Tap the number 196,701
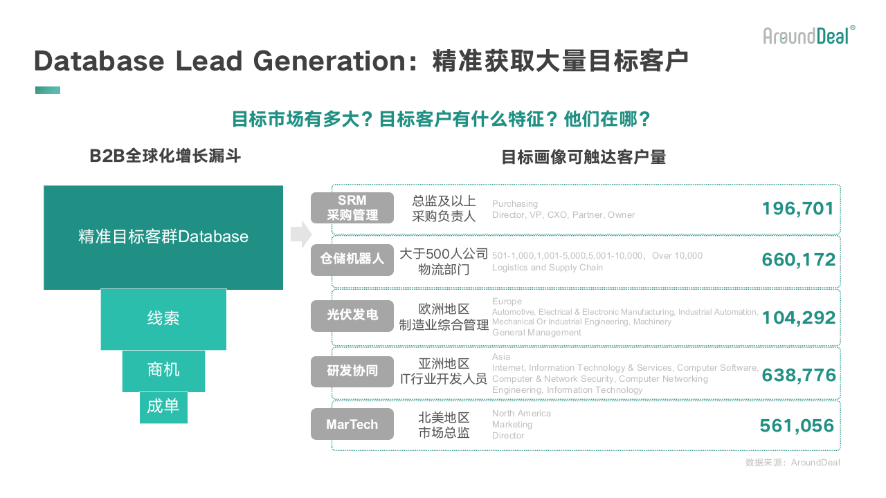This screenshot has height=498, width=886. (x=798, y=209)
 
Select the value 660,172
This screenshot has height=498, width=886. (x=799, y=259)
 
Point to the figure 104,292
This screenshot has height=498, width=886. (x=799, y=317)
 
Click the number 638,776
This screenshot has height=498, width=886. (x=799, y=375)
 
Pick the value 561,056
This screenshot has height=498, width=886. (x=797, y=425)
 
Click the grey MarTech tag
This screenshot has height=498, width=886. (x=352, y=424)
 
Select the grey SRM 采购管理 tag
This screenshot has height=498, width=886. (x=352, y=208)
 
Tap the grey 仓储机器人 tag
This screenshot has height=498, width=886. (x=352, y=259)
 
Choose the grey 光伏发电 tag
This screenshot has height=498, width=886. (x=352, y=316)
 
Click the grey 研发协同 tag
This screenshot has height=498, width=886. (x=352, y=371)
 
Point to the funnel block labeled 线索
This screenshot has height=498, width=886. (x=163, y=320)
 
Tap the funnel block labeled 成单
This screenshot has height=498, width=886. (x=163, y=407)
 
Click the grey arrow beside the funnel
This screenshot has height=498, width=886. (x=301, y=234)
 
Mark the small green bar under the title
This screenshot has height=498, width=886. (x=48, y=90)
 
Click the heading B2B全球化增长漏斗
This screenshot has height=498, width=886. (x=165, y=156)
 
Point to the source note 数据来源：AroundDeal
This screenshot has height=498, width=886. (x=793, y=463)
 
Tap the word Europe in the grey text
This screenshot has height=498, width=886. (x=507, y=301)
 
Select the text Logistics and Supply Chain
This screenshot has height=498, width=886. (x=548, y=268)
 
